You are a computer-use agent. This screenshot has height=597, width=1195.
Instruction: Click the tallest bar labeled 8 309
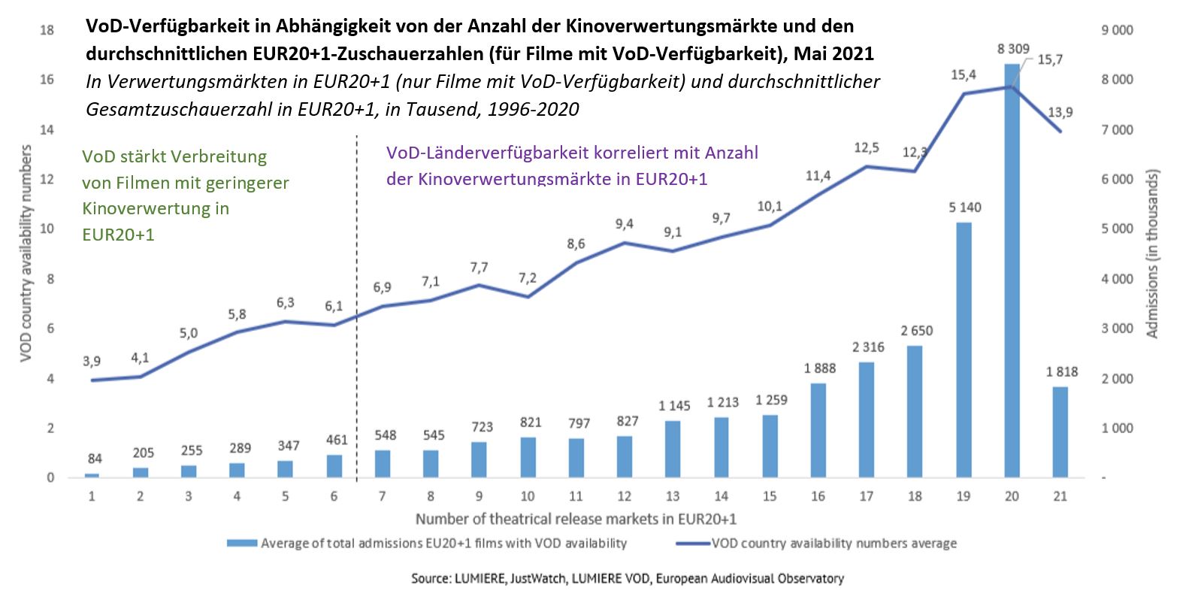(x=1012, y=271)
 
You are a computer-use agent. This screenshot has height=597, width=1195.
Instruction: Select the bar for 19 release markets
(x=964, y=350)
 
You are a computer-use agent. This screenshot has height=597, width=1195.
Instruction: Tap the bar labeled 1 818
(x=1060, y=432)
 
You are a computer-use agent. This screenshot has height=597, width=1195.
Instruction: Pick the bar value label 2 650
(x=916, y=331)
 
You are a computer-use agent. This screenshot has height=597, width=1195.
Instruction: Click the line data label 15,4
(x=963, y=74)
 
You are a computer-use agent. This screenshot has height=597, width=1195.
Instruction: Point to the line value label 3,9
(x=92, y=361)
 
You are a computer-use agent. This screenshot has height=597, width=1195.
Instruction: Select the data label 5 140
(x=964, y=208)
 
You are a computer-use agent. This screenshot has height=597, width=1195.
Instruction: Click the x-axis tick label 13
(x=672, y=496)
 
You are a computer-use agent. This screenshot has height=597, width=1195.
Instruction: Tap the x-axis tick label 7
(x=382, y=496)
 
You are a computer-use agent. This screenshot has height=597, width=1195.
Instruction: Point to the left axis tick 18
(x=47, y=30)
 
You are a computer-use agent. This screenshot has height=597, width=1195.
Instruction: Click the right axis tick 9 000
(x=1117, y=30)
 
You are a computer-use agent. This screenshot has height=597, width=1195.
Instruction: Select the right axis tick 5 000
(x=1117, y=229)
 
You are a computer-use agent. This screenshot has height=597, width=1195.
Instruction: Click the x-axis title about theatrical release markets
(x=576, y=519)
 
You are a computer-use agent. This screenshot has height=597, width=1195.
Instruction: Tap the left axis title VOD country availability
(x=26, y=253)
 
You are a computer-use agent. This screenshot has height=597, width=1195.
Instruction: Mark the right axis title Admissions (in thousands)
(x=1151, y=253)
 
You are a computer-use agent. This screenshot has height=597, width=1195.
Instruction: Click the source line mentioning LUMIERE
(x=627, y=578)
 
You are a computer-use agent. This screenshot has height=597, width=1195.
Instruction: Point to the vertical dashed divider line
(x=356, y=301)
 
